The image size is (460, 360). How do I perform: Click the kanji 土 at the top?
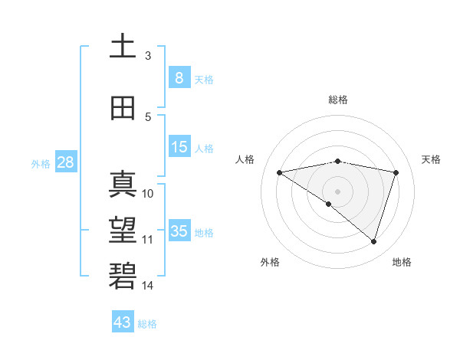pyautogui.click(x=123, y=46)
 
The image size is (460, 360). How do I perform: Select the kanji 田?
pyautogui.click(x=123, y=108)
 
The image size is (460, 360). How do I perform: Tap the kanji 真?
pyautogui.click(x=123, y=184)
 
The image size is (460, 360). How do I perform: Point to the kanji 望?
pyautogui.click(x=123, y=229)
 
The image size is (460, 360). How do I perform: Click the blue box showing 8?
pyautogui.click(x=179, y=77)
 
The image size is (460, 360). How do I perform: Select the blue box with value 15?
pyautogui.click(x=179, y=147)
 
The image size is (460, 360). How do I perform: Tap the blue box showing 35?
pyautogui.click(x=179, y=231)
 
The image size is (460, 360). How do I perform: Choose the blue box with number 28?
pyautogui.click(x=65, y=162)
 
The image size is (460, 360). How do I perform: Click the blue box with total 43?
pyautogui.click(x=123, y=322)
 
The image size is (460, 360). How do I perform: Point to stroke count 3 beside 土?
pyautogui.click(x=147, y=56)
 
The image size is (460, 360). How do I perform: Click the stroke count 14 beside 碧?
pyautogui.click(x=148, y=286)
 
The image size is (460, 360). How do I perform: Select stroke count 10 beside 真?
pyautogui.click(x=148, y=194)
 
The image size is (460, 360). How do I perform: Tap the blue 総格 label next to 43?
pyautogui.click(x=148, y=324)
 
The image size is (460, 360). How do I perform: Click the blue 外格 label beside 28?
pyautogui.click(x=41, y=163)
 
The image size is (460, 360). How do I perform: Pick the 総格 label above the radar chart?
pyautogui.click(x=337, y=100)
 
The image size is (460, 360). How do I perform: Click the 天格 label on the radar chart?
pyautogui.click(x=431, y=159)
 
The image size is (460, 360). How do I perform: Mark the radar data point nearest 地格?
pyautogui.click(x=373, y=241)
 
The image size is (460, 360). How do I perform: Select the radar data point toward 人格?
pyautogui.click(x=279, y=172)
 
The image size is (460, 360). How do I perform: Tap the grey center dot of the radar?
pyautogui.click(x=337, y=191)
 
